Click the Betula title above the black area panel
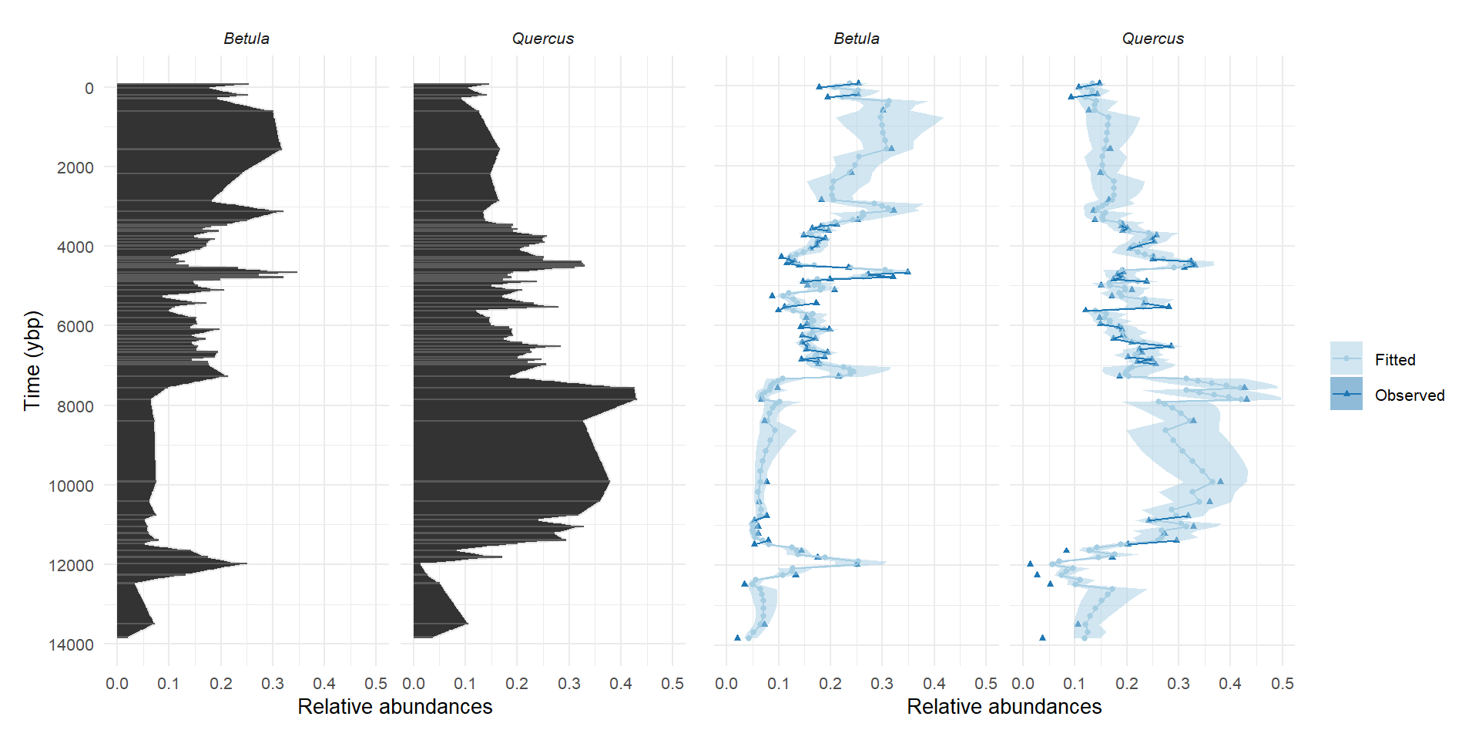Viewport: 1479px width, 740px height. pyautogui.click(x=246, y=39)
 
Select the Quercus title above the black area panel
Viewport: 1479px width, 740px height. pyautogui.click(x=543, y=39)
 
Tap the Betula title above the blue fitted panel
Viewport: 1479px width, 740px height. pyautogui.click(x=857, y=39)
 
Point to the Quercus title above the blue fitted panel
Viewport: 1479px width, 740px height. pyautogui.click(x=1153, y=39)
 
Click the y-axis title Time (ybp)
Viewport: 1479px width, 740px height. pyautogui.click(x=32, y=361)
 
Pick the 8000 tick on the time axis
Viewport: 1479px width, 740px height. pyautogui.click(x=75, y=406)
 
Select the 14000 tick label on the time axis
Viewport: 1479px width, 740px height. pyautogui.click(x=72, y=644)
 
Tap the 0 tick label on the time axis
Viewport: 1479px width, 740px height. pyautogui.click(x=89, y=88)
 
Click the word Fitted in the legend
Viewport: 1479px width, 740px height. pyautogui.click(x=1395, y=359)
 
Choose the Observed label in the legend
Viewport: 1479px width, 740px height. pyautogui.click(x=1410, y=395)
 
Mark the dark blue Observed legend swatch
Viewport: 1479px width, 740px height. pyautogui.click(x=1347, y=394)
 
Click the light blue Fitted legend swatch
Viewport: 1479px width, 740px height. pyautogui.click(x=1347, y=358)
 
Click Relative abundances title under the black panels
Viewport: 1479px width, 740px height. pyautogui.click(x=395, y=707)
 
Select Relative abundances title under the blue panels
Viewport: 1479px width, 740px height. pyautogui.click(x=1004, y=707)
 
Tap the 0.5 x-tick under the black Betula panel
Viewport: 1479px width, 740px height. pyautogui.click(x=376, y=684)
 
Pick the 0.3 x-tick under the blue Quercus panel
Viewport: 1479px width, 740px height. pyautogui.click(x=1179, y=684)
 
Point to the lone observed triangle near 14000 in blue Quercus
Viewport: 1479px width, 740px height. pyautogui.click(x=1042, y=637)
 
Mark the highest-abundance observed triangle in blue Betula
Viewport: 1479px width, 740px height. pyautogui.click(x=907, y=271)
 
